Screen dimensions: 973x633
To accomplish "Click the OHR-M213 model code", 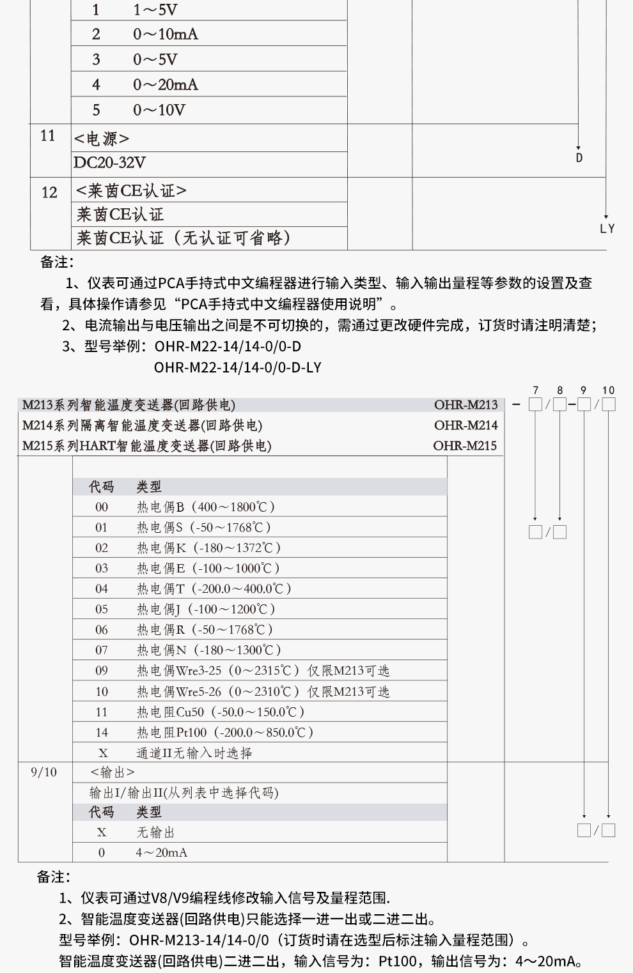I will click(x=465, y=405).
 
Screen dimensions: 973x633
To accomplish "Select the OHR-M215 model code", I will click(x=465, y=446).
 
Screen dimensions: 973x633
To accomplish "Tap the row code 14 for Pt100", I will click(x=102, y=732).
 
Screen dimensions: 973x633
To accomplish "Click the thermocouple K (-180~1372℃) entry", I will click(x=208, y=548).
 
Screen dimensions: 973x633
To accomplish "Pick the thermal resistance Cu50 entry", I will click(x=220, y=712).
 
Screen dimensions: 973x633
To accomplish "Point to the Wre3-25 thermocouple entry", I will click(x=263, y=671).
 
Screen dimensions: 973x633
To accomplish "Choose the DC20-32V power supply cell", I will click(x=109, y=163).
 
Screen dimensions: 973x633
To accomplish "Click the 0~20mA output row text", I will click(x=166, y=85).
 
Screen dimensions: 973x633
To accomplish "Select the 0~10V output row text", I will click(x=159, y=111).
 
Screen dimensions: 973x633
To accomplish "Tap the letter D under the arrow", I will click(x=579, y=158).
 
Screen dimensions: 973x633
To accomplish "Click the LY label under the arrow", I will click(x=607, y=229).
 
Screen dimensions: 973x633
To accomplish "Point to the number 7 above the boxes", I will click(x=536, y=390).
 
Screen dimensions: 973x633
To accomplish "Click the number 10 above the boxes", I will click(x=608, y=390).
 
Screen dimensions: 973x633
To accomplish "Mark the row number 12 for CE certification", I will click(x=49, y=192).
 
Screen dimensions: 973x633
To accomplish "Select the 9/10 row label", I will click(x=43, y=772).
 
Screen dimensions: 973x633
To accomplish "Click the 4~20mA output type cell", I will click(x=161, y=853).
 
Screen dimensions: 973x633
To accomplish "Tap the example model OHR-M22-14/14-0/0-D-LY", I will click(x=238, y=368).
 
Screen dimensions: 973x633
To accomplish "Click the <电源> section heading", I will click(x=102, y=139).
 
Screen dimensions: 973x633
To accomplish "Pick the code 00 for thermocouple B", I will click(x=102, y=507).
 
